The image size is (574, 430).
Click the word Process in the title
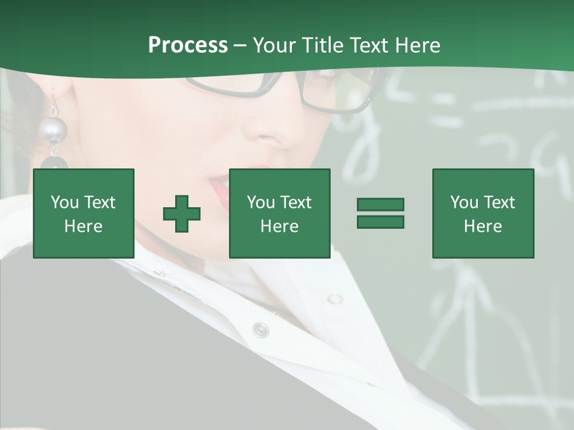tap(188, 45)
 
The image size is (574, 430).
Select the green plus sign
tap(182, 214)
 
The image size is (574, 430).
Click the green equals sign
tap(380, 213)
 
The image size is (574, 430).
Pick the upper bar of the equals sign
tap(380, 205)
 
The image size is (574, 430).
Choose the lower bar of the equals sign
tap(380, 222)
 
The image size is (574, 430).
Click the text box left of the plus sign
tap(84, 213)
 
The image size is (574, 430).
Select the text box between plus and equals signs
tap(280, 213)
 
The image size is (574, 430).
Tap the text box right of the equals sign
tap(483, 213)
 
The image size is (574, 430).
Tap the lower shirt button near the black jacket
tap(261, 329)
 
